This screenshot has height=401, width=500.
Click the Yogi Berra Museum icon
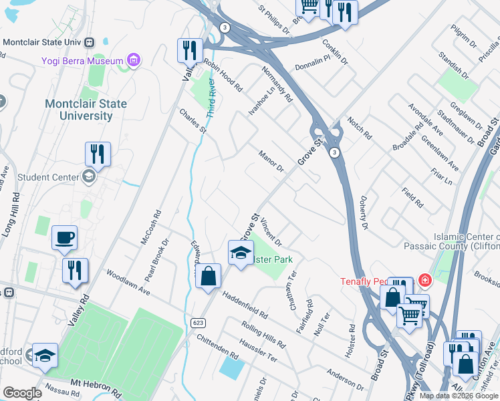134,61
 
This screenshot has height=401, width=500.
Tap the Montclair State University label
79,110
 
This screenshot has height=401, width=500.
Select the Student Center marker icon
88,177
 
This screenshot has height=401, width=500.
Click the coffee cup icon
65,238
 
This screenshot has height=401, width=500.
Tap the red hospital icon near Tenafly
424,279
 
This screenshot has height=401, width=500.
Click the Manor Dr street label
271,160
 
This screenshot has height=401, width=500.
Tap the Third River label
211,99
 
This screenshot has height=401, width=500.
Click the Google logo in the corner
21,393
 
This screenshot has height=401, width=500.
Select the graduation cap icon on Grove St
241,253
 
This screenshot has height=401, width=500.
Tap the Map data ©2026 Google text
458,396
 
